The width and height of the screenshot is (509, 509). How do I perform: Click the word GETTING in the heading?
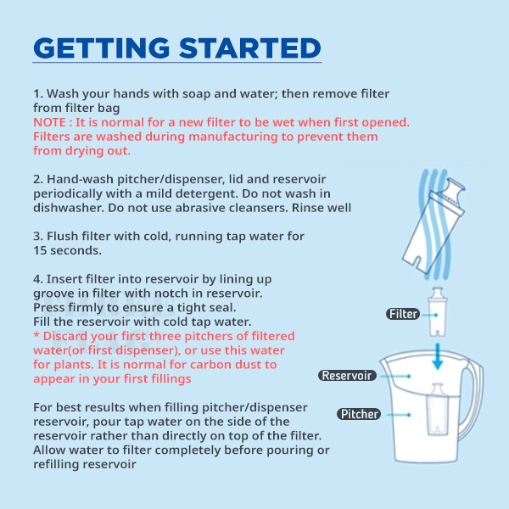click(102, 48)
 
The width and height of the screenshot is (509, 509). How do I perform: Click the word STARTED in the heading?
click(250, 48)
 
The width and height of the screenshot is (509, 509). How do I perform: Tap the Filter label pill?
click(403, 314)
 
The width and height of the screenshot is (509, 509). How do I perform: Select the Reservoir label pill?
click(347, 376)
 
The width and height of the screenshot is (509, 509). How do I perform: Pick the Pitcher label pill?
click(359, 414)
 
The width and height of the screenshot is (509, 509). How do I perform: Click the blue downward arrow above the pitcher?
click(438, 356)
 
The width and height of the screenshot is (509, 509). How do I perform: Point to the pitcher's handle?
click(474, 406)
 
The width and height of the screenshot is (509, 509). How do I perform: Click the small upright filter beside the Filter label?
click(437, 311)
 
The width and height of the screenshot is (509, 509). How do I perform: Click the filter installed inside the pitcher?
click(437, 410)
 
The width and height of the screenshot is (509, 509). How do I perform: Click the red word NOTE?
click(49, 122)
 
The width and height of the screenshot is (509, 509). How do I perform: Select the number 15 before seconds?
click(40, 250)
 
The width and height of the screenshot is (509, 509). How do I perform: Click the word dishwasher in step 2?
click(69, 208)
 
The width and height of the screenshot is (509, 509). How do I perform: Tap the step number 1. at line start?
click(38, 94)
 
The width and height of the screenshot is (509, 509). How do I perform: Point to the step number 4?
click(38, 279)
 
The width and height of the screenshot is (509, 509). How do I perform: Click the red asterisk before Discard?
click(36, 335)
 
